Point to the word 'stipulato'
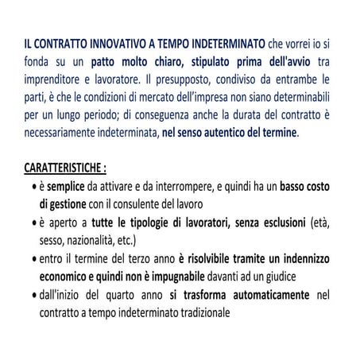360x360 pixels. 207,64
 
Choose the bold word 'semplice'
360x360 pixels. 71,188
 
